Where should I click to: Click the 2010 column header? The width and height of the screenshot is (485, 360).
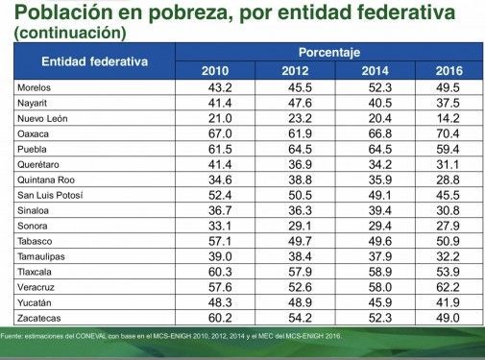(215, 71)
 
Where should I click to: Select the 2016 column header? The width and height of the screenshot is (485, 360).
(449, 71)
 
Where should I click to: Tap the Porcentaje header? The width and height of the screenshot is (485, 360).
(329, 53)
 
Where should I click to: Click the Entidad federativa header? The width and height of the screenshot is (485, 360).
(95, 61)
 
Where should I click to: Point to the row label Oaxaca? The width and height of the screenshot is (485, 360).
(33, 133)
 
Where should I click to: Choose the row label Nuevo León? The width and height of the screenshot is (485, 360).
(42, 118)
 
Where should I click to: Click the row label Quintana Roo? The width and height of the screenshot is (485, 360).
(46, 180)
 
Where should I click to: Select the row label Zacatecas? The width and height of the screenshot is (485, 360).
(39, 318)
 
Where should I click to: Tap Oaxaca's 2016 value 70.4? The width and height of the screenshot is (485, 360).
(448, 133)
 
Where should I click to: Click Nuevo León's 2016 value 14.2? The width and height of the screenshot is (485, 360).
(449, 118)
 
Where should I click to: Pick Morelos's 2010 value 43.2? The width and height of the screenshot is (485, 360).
(220, 87)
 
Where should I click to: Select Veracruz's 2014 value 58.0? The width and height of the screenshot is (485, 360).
(380, 287)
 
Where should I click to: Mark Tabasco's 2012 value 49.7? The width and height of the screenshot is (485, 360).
(300, 241)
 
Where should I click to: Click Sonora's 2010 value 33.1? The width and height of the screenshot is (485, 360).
(220, 226)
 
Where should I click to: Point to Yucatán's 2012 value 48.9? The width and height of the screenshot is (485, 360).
(300, 302)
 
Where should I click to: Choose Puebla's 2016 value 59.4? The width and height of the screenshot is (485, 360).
(448, 149)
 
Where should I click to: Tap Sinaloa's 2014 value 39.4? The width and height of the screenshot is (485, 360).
(380, 210)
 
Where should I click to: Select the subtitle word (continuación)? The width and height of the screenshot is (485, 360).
(70, 33)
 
